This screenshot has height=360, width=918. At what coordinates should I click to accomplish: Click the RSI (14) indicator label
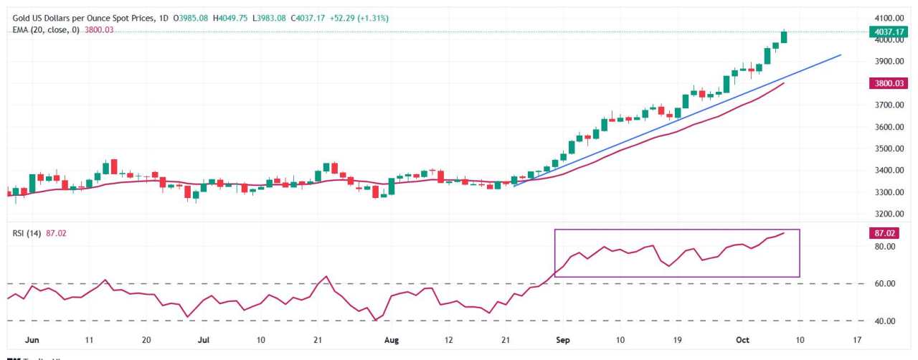coord(27,233)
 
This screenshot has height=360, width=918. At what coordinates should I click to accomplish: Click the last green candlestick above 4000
coord(784,37)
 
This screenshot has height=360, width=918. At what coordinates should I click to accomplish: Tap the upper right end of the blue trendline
coord(841,55)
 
